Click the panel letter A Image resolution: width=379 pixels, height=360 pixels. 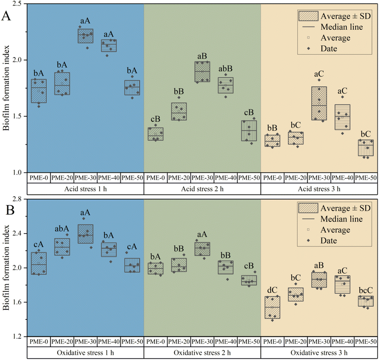click(7, 16)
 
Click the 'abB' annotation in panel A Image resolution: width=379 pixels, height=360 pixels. click(225, 68)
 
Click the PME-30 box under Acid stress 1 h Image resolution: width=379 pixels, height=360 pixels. click(85, 36)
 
